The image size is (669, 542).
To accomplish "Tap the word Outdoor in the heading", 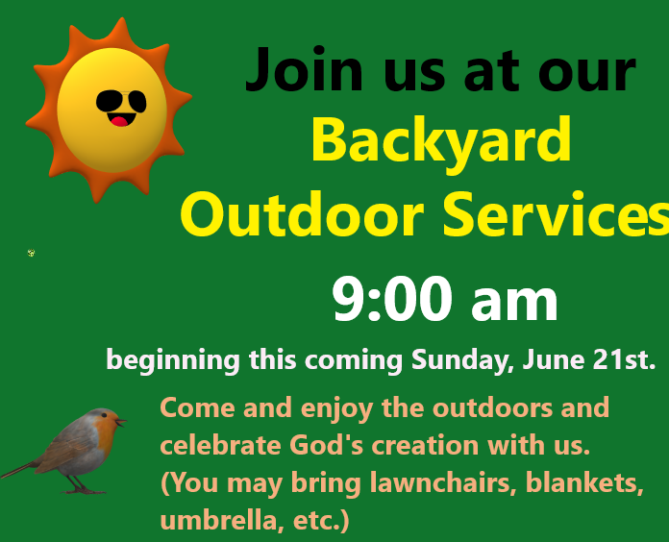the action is [x=303, y=213].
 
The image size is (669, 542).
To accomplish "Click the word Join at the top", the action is [x=304, y=69].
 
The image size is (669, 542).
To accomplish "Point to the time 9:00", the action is [x=392, y=299].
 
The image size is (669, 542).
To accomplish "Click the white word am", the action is [x=514, y=304].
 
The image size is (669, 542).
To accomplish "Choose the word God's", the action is [x=327, y=445].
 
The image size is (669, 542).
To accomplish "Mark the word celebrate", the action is [x=220, y=445].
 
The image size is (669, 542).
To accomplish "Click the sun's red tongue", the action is [x=119, y=121].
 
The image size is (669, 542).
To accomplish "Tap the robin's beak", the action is [x=121, y=423].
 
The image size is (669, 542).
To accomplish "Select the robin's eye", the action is [x=104, y=414].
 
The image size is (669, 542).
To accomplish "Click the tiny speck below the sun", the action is [x=31, y=253].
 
